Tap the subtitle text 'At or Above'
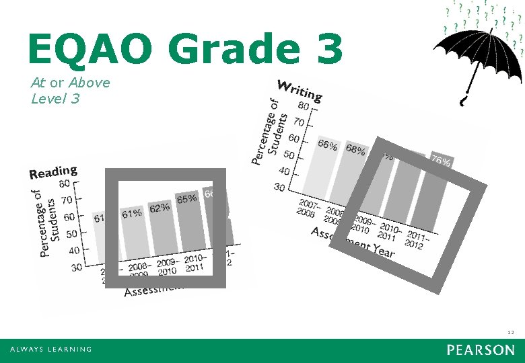[x=70, y=82]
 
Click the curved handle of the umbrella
[x=463, y=102]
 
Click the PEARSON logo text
[x=480, y=350]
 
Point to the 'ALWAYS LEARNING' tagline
[x=50, y=350]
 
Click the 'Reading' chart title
[x=53, y=172]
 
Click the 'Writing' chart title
[x=300, y=90]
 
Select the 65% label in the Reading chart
[x=186, y=199]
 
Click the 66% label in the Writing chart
[x=328, y=145]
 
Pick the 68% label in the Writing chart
[x=355, y=150]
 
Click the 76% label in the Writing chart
[x=441, y=161]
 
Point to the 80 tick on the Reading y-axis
[x=65, y=183]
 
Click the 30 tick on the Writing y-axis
[x=279, y=187]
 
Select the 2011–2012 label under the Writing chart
[x=415, y=241]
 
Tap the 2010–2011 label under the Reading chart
[x=195, y=263]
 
